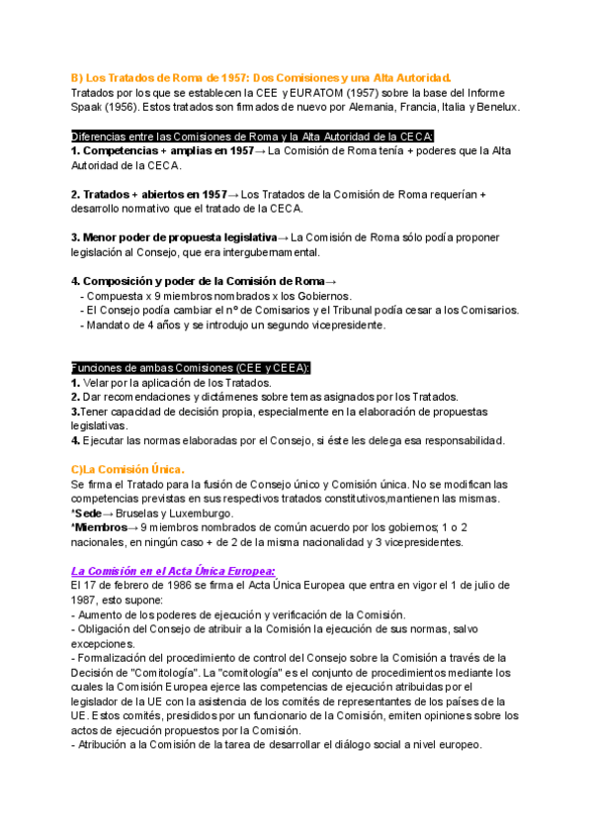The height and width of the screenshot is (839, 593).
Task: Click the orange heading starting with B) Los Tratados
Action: [261, 77]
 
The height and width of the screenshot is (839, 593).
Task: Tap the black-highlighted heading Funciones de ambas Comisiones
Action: [192, 368]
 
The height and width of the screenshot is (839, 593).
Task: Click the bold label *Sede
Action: [87, 513]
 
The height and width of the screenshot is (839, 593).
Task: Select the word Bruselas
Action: [139, 513]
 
